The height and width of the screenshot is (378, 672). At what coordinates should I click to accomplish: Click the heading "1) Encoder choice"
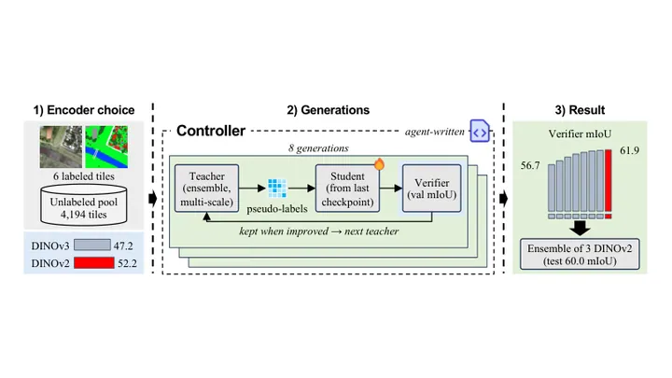(x=84, y=110)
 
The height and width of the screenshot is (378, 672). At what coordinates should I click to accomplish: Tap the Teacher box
(x=206, y=189)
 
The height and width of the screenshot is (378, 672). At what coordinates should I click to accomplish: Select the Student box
(x=347, y=189)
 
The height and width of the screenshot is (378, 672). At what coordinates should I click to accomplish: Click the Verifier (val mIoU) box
(x=431, y=189)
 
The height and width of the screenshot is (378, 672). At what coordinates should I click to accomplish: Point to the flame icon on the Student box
(x=379, y=164)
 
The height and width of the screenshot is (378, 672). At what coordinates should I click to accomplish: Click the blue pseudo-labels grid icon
(x=277, y=189)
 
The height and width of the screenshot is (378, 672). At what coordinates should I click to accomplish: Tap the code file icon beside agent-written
(x=480, y=131)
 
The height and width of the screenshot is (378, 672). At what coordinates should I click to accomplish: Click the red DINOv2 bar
(x=94, y=262)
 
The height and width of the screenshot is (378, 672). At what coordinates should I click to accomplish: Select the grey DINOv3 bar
(x=92, y=245)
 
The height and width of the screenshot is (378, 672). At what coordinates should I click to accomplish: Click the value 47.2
(x=123, y=246)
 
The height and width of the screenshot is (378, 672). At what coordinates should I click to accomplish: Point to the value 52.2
(x=127, y=263)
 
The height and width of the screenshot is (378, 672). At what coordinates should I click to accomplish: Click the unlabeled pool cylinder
(x=84, y=205)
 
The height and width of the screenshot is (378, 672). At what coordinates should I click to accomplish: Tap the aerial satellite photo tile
(x=61, y=147)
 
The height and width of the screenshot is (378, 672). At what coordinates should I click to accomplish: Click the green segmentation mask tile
(x=106, y=147)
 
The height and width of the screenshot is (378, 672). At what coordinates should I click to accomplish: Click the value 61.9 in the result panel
(x=629, y=150)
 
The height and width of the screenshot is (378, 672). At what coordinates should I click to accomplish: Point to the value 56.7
(x=530, y=165)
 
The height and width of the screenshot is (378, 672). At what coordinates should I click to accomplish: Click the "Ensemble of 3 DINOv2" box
(x=580, y=254)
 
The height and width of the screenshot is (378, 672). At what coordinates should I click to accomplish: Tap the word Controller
(x=211, y=131)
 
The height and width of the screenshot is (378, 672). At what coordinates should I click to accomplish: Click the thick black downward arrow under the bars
(x=580, y=228)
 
